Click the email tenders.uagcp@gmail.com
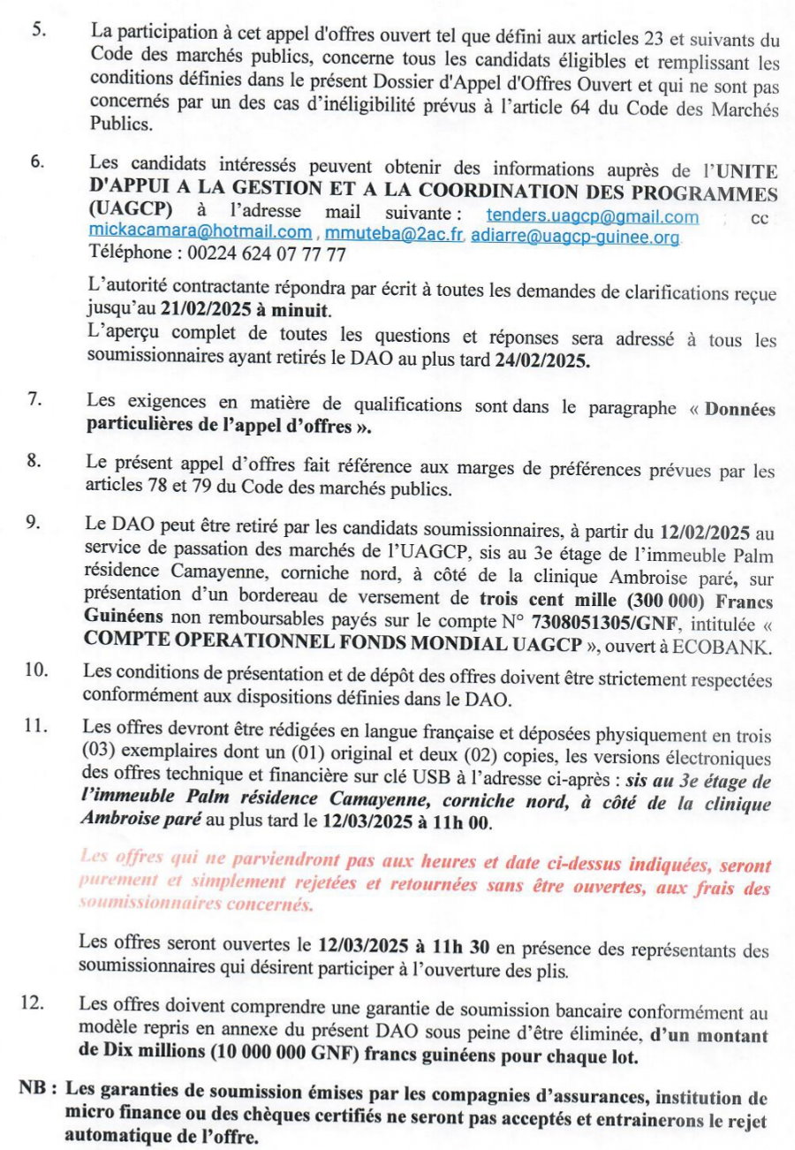pyautogui.click(x=592, y=216)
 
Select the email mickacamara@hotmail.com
pyautogui.click(x=200, y=233)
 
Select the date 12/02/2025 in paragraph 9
pyautogui.click(x=704, y=533)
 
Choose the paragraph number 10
pyautogui.click(x=35, y=670)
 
